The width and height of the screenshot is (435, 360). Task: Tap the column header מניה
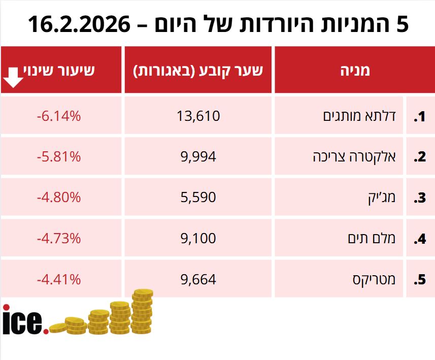(x=354, y=70)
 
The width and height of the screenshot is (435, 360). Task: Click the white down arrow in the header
(x=14, y=77)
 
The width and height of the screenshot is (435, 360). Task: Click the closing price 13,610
(x=198, y=116)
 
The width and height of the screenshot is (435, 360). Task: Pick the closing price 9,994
(x=198, y=157)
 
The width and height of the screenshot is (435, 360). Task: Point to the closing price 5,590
(x=198, y=198)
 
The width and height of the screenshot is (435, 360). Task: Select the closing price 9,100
(x=198, y=238)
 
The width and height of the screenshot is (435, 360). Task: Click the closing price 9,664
(x=198, y=279)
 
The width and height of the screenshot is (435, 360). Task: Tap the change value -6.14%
(x=59, y=116)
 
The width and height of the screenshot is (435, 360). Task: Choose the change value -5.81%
(x=59, y=157)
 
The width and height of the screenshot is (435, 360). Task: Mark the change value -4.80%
(x=59, y=198)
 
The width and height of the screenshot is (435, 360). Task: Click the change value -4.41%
(x=59, y=279)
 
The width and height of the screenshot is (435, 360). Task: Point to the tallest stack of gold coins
(x=142, y=312)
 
